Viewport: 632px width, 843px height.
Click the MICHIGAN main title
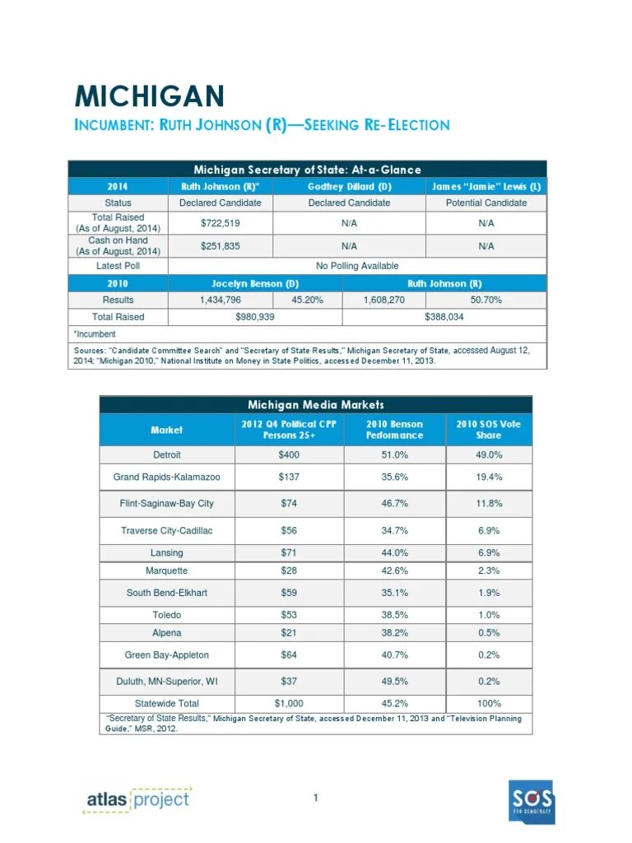tap(149, 96)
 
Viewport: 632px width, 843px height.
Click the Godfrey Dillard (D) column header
tap(348, 187)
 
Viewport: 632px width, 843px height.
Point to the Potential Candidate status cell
tap(486, 203)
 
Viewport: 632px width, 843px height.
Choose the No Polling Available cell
tap(357, 266)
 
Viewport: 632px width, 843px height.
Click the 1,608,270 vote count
tap(385, 300)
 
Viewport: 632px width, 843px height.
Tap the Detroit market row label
tap(167, 455)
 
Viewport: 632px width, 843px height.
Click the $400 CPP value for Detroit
tap(288, 455)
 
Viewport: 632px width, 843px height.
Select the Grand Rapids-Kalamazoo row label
tap(167, 477)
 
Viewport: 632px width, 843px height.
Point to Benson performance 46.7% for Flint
tap(394, 503)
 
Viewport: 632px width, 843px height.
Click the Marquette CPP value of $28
tap(288, 571)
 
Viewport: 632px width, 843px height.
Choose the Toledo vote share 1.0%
tap(489, 615)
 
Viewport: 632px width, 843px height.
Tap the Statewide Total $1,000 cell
tap(288, 703)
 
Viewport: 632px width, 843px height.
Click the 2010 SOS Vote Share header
tap(489, 430)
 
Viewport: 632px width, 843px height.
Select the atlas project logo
tap(137, 799)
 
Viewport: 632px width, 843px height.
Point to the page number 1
tap(316, 798)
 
